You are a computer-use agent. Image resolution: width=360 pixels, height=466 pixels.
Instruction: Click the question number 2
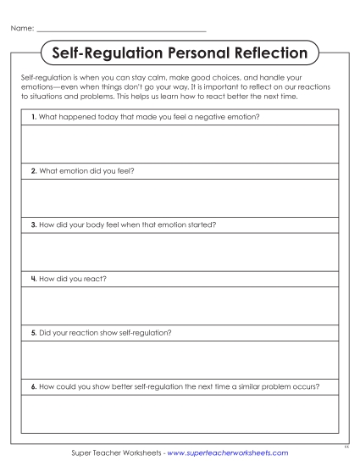tap(32, 169)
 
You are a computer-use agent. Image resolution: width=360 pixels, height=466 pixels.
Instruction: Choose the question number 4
tap(32, 278)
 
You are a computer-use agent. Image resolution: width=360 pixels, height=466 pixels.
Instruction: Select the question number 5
tap(32, 332)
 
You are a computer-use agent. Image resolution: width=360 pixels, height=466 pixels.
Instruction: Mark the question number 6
tap(32, 386)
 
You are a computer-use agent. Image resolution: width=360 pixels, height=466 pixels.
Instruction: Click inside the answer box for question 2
tap(180, 197)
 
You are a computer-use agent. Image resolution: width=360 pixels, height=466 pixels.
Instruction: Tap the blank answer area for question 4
tap(180, 305)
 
